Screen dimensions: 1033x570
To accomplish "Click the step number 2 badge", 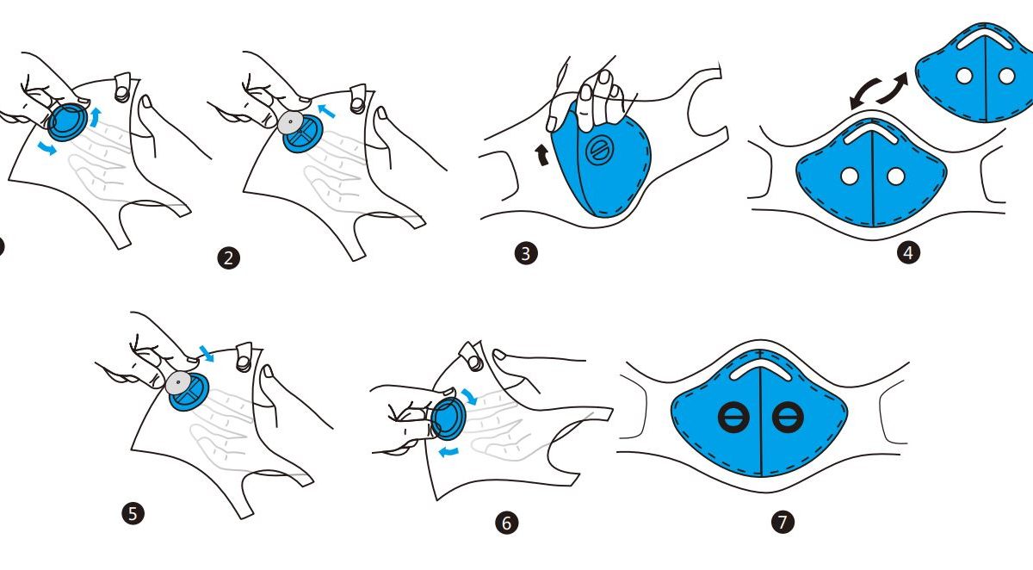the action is point(229,258).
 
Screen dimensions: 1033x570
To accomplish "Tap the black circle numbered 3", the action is point(526,253).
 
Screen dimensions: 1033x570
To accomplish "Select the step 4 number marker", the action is point(908,252).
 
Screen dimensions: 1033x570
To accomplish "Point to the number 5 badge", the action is point(133,513).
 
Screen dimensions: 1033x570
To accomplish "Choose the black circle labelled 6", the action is point(506,523).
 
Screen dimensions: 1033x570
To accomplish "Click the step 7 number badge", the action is point(782,522).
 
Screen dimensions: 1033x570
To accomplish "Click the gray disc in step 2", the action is point(291,122).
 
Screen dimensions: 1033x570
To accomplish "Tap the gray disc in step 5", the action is point(178,383).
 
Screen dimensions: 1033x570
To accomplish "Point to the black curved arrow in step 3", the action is point(542,155).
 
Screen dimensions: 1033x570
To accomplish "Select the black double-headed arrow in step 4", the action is point(879,91).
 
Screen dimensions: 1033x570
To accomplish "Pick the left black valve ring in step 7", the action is point(733,417).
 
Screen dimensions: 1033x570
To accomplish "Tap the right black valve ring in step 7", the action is point(788,417).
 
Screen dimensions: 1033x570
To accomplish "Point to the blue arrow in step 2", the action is point(326,111).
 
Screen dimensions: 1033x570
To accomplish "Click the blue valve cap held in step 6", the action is point(448,418).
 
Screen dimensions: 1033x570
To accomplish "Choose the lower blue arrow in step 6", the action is point(448,451).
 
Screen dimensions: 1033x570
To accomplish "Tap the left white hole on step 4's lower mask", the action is point(850,176).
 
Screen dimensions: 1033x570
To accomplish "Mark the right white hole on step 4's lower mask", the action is point(895,176).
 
